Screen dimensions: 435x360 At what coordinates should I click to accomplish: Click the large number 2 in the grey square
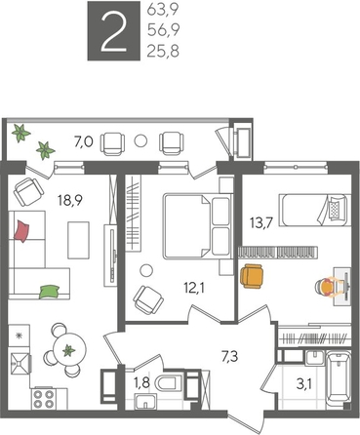tap(115, 32)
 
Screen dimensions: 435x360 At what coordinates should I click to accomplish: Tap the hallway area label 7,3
tap(231, 357)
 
